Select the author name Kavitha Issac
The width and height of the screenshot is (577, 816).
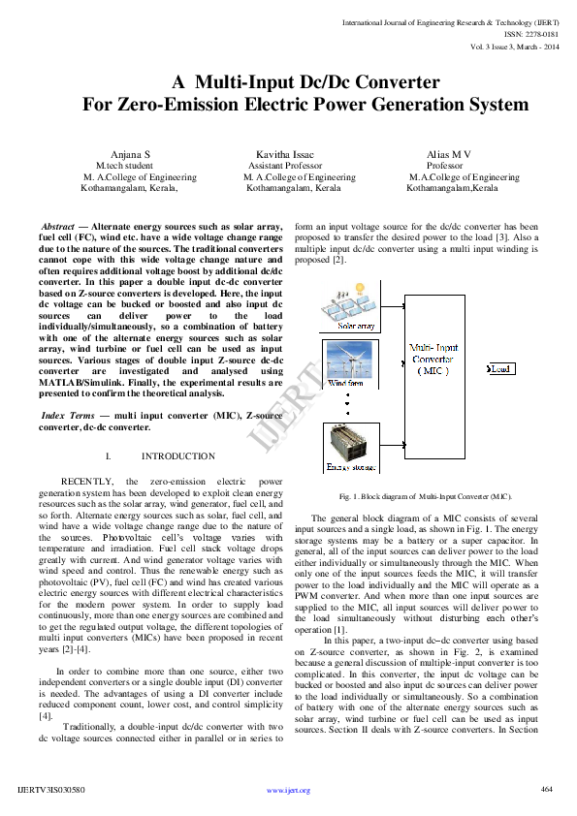(x=284, y=154)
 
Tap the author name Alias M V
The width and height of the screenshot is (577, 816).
(x=449, y=154)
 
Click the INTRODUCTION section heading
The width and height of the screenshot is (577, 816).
(x=177, y=455)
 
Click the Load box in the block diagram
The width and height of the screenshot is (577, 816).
(x=499, y=369)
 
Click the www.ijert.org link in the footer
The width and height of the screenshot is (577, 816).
(x=288, y=791)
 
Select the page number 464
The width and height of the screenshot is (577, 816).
(x=546, y=789)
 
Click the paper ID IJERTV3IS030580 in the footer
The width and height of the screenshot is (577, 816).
(x=51, y=790)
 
